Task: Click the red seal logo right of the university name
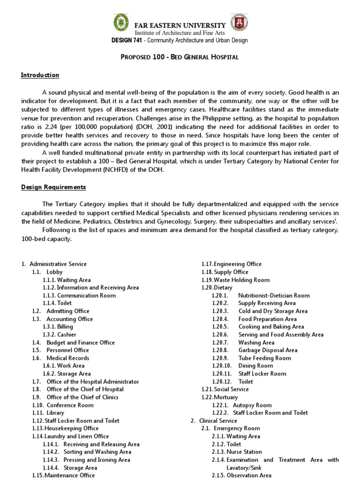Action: click(240, 22)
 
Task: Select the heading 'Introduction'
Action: click(40, 75)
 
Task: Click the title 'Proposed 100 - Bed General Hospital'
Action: click(180, 57)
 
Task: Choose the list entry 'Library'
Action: click(55, 413)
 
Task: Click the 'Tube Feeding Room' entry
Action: click(264, 358)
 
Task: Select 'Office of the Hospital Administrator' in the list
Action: click(93, 382)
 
